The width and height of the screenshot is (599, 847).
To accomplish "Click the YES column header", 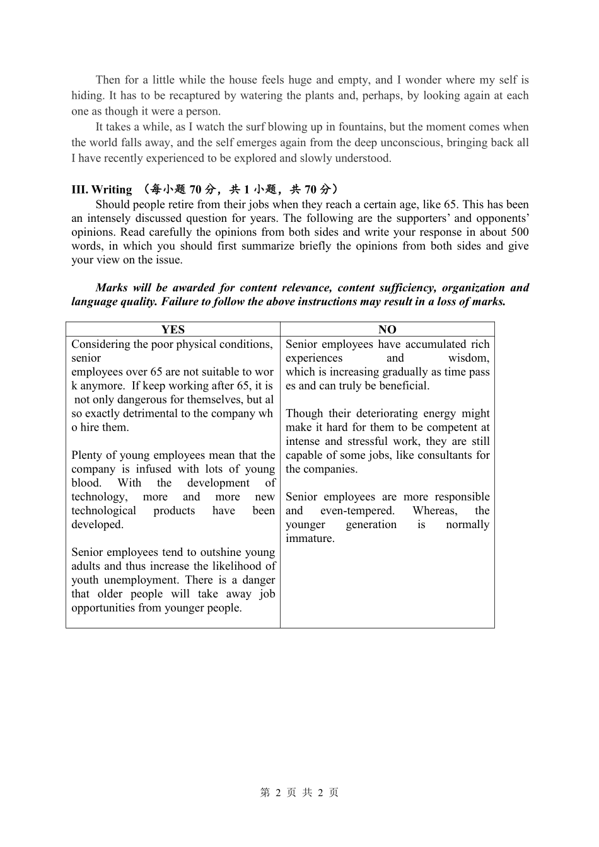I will tap(173, 330).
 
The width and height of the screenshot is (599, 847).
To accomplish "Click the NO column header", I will tap(387, 330).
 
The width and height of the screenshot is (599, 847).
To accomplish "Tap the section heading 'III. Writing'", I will tap(102, 190).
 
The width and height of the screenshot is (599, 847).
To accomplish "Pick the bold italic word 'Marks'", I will tap(112, 288).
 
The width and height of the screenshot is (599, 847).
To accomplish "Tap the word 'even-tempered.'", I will tap(357, 510).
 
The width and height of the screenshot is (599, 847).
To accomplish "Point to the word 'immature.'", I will tap(310, 538).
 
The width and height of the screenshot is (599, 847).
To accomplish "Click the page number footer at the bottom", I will tap(299, 793).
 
